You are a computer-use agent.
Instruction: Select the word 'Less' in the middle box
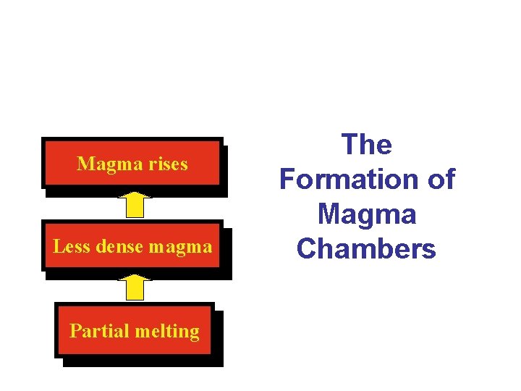pyautogui.click(x=69, y=247)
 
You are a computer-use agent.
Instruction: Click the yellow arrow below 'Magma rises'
pyautogui.click(x=134, y=204)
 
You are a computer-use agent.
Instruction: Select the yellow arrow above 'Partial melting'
pyautogui.click(x=134, y=287)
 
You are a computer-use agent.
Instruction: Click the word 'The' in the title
pyautogui.click(x=367, y=145)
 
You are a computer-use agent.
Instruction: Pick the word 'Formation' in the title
pyautogui.click(x=347, y=179)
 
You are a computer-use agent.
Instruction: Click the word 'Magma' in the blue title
pyautogui.click(x=367, y=214)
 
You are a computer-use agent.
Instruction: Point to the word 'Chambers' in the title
pyautogui.click(x=367, y=248)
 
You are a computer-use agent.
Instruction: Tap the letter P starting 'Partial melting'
pyautogui.click(x=75, y=331)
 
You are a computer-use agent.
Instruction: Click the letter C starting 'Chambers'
pyautogui.click(x=306, y=248)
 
